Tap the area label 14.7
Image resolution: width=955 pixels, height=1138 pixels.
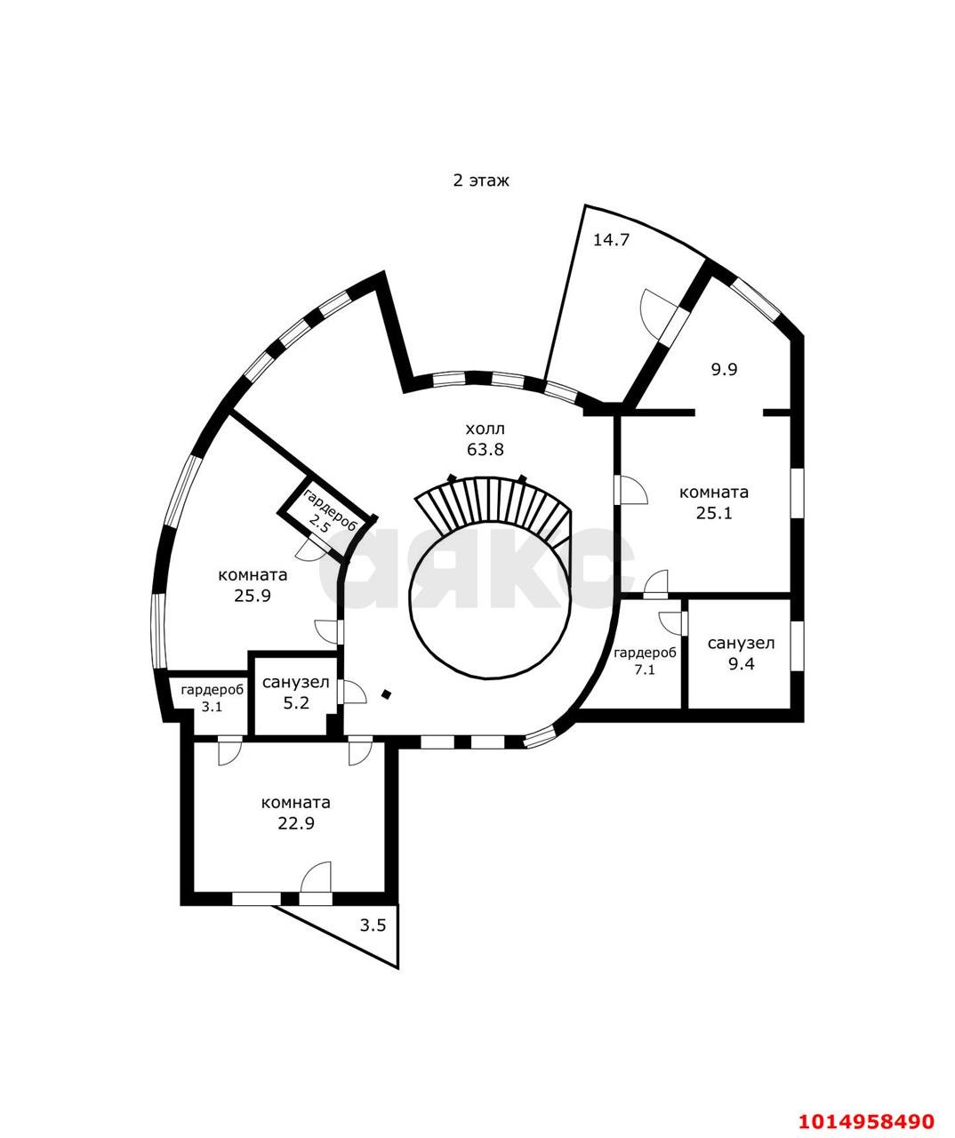pos(611,239)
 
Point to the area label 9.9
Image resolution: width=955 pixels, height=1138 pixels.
pos(724,369)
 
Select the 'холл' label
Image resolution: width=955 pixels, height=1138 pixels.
pos(486,429)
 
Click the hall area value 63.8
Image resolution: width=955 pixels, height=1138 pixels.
pos(486,449)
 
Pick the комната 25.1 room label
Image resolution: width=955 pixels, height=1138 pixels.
pos(713,502)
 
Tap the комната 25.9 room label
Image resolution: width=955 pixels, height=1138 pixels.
pos(253,585)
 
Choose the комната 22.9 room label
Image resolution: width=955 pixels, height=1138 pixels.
pos(295,813)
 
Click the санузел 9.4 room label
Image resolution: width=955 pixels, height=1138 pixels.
pos(741,653)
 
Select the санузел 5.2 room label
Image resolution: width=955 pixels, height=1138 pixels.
pos(296,693)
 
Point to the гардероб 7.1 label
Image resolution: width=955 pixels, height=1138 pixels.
pos(645,661)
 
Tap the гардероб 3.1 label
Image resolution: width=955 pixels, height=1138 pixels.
pos(212,698)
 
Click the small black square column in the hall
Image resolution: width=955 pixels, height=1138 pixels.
pos(386,693)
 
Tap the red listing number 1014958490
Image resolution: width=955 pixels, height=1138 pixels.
pos(867,1118)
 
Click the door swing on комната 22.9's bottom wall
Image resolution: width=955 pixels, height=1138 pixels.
pos(317,878)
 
